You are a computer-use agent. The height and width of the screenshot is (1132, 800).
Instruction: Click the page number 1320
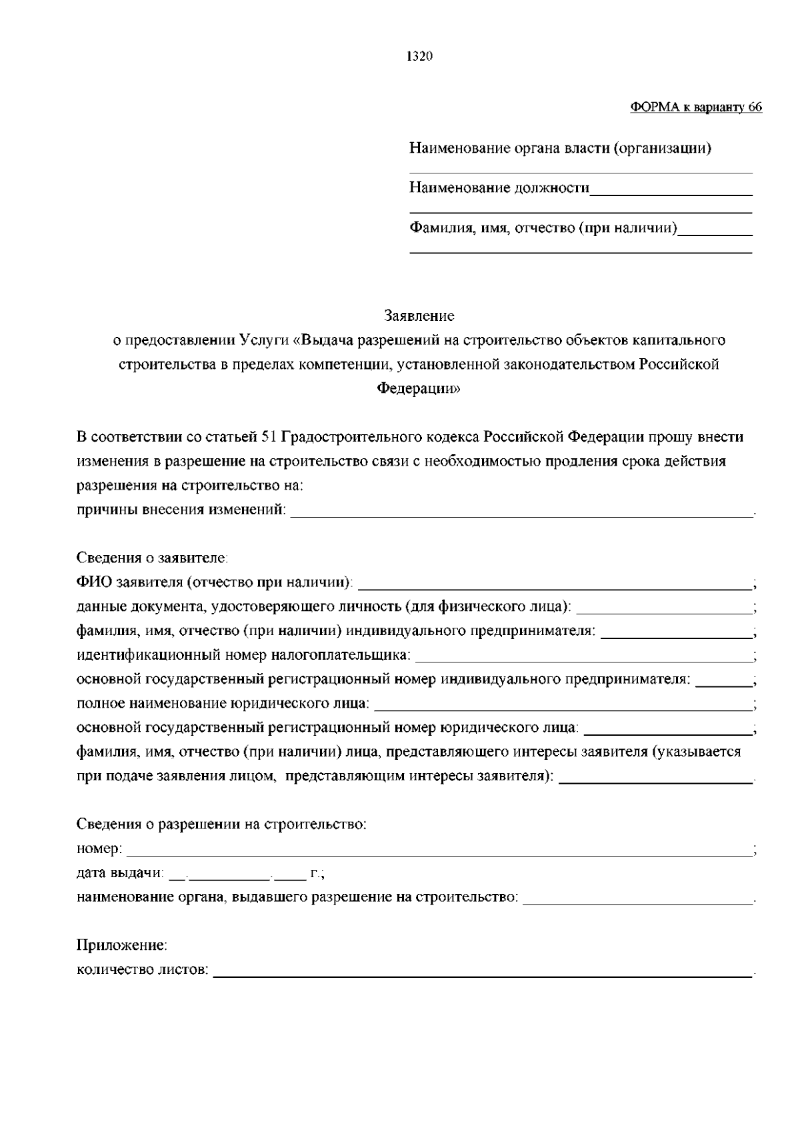420,57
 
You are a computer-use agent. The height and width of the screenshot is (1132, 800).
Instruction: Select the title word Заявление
419,315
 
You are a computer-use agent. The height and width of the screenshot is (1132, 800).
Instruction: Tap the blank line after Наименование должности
671,193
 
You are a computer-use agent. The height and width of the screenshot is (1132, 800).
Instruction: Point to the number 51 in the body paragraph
269,438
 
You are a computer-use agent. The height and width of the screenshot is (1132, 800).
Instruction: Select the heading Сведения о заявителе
153,558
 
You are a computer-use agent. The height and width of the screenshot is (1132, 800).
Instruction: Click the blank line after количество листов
483,975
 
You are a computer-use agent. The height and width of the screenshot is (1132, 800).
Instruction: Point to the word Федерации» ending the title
419,389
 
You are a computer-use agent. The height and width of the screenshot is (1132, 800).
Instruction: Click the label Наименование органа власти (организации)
560,148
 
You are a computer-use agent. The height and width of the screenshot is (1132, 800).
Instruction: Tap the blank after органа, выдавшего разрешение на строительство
637,903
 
